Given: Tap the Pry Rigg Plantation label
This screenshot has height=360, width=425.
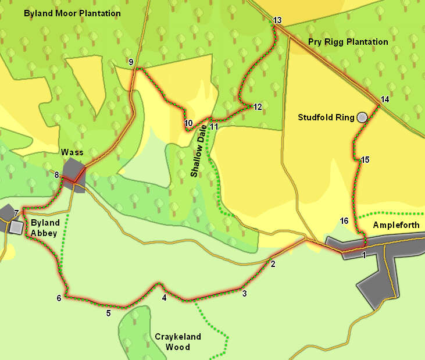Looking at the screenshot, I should point(348,42).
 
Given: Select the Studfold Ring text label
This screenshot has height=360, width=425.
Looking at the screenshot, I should point(326,117).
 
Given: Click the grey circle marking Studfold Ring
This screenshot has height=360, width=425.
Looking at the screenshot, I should point(363,117).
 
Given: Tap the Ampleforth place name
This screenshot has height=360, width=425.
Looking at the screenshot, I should point(395,225).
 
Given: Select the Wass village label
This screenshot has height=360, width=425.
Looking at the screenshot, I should point(72,152).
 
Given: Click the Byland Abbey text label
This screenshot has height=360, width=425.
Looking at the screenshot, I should point(44,228).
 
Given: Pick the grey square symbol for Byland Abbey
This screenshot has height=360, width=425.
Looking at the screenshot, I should point(16,227).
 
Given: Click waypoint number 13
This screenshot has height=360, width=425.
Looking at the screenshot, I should point(277,21).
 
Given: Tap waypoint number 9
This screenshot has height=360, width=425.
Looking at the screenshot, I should point(131,62).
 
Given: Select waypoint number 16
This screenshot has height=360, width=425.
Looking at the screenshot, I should point(344,221).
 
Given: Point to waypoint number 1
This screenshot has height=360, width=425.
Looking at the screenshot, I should point(364,255).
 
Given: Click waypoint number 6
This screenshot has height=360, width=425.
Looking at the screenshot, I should point(59,298).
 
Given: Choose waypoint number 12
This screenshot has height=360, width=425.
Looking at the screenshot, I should point(258,107).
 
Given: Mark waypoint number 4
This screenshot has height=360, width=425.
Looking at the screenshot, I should point(165,298).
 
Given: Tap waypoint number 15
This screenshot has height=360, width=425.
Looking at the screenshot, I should point(365,160).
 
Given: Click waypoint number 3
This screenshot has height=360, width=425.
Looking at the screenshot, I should point(244,294).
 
